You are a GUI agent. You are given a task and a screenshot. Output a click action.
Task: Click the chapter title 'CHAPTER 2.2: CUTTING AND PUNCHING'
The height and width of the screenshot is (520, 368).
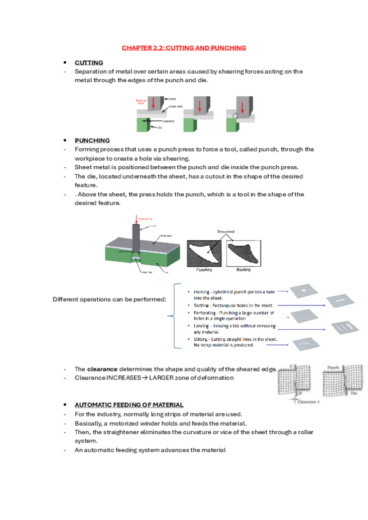[184, 47]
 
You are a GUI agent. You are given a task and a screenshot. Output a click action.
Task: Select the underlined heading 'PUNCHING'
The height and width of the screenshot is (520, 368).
[92, 140]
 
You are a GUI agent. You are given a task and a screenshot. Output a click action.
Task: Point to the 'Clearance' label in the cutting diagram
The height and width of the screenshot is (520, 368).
[170, 121]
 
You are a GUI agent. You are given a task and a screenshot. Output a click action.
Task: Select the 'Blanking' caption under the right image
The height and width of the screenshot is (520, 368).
[242, 269]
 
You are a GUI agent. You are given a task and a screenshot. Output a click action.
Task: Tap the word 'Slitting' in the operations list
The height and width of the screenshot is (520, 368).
[202, 338]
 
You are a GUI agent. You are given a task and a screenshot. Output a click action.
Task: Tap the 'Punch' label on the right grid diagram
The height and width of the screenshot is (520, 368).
[332, 368]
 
